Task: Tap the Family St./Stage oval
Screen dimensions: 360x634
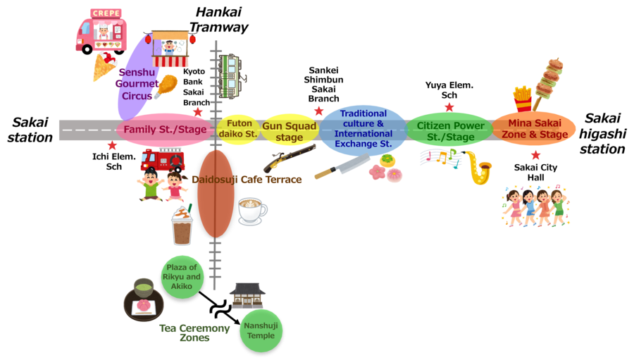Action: tap(165, 130)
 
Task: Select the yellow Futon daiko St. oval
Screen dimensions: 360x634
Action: tap(238, 129)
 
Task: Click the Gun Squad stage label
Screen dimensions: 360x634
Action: tap(290, 132)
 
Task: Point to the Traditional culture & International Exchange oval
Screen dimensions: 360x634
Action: tap(363, 129)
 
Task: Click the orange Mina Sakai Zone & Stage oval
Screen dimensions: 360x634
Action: tap(535, 130)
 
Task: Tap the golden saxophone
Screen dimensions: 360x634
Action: tap(479, 168)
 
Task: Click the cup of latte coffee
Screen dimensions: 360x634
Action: tap(251, 211)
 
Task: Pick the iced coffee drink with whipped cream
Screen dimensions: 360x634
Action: tap(182, 225)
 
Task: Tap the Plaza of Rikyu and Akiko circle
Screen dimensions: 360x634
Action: tap(182, 277)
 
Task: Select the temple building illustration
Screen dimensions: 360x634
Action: tap(247, 295)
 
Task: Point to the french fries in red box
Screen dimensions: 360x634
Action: tap(522, 98)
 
